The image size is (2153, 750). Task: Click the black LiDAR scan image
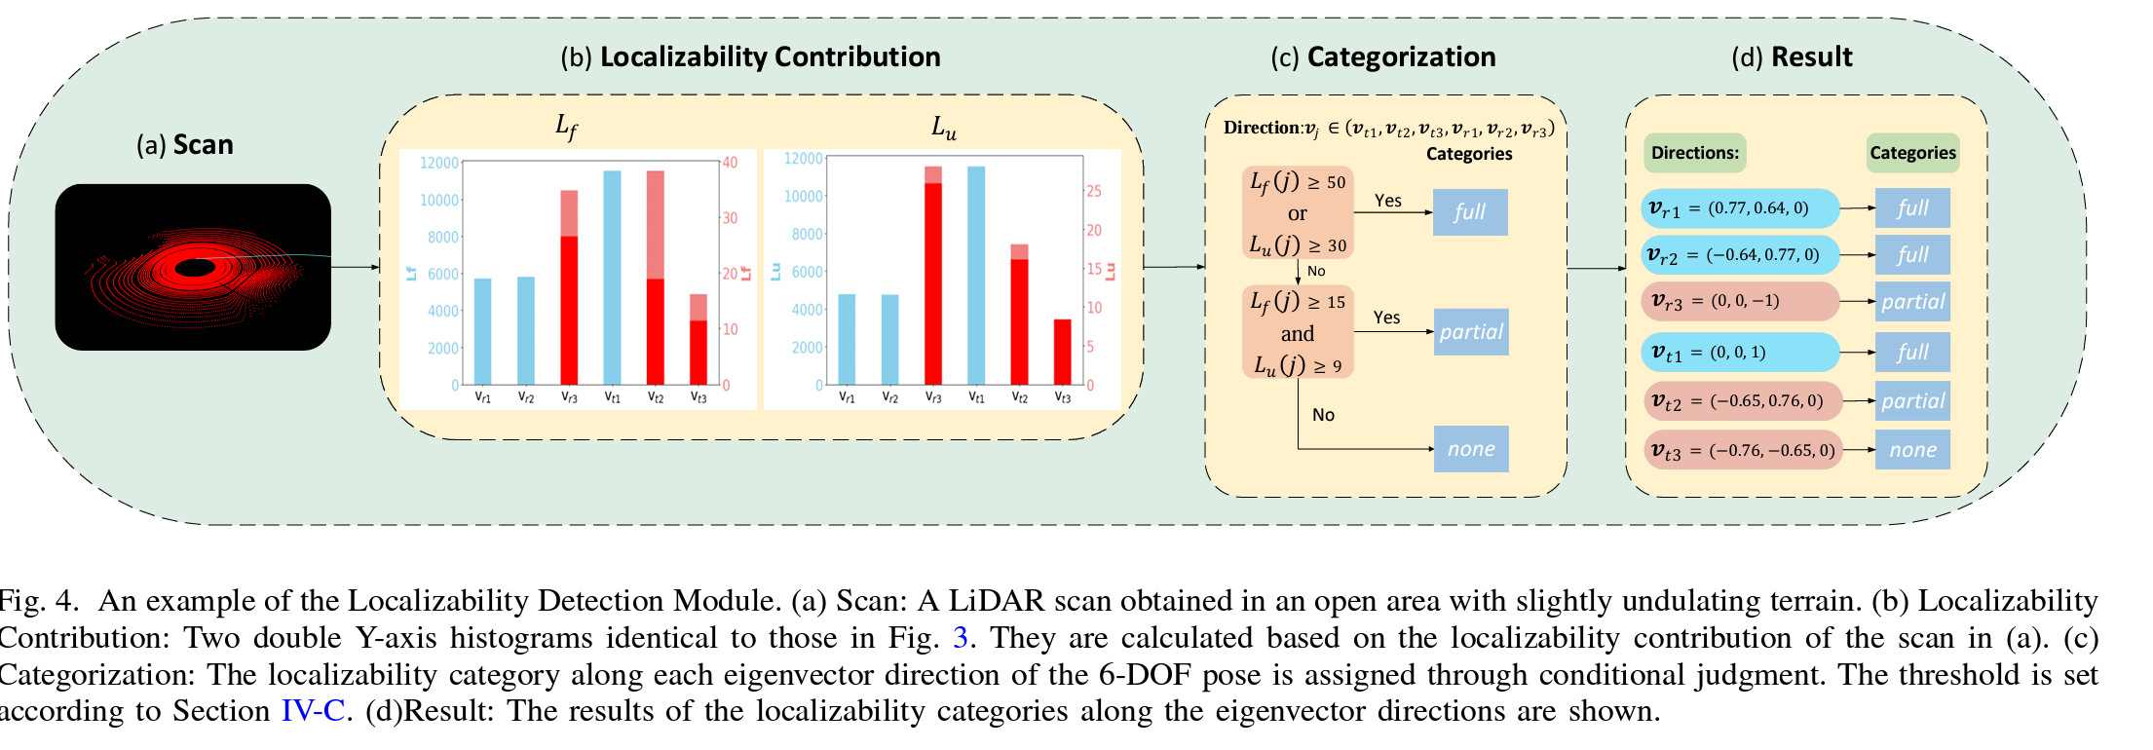point(193,267)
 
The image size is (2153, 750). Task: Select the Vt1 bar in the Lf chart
point(612,278)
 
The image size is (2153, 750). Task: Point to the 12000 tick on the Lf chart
point(438,163)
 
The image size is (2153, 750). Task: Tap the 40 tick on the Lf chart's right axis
point(730,163)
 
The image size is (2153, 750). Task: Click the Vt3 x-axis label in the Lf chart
point(699,397)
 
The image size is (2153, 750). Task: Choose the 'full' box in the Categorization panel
point(1470,212)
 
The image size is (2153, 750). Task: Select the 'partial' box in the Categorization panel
point(1471,332)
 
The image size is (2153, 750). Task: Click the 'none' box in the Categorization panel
point(1471,449)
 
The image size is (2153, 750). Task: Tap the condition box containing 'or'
point(1298,212)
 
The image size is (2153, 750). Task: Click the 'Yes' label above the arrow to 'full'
point(1388,201)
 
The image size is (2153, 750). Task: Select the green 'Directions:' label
point(1694,153)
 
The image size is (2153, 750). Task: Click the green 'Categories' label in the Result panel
point(1912,153)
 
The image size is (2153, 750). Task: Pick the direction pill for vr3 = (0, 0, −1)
point(1740,302)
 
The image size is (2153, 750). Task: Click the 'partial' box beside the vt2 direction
point(1912,401)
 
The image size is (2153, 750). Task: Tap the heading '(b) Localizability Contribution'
point(750,56)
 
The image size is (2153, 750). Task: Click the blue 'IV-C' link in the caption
point(313,711)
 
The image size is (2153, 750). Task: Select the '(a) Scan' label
point(185,145)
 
